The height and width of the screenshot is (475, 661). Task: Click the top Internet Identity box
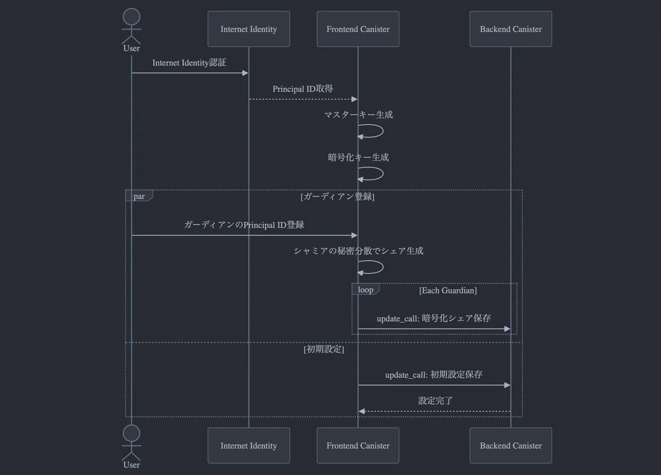(x=248, y=29)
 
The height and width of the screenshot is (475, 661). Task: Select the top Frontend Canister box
(x=357, y=29)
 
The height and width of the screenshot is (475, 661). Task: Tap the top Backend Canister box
(x=511, y=29)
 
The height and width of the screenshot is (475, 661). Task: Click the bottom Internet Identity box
(x=248, y=446)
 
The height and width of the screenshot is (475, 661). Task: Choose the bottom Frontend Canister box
(x=357, y=446)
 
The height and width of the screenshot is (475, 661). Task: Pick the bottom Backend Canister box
(x=511, y=446)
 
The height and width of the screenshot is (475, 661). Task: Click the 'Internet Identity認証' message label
(x=189, y=62)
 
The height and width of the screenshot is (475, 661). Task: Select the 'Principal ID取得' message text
(x=302, y=89)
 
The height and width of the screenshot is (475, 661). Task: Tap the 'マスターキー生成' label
(x=358, y=115)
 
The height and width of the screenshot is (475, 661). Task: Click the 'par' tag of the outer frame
(x=139, y=196)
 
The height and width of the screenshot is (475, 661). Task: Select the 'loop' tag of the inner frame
(x=365, y=289)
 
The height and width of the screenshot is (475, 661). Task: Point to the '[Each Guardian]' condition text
(x=448, y=290)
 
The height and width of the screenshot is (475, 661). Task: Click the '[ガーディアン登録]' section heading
(x=338, y=197)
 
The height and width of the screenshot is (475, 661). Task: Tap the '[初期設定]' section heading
(x=324, y=349)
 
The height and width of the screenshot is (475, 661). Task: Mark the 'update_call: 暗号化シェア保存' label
(x=434, y=318)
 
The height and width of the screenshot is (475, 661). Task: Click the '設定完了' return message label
(x=435, y=401)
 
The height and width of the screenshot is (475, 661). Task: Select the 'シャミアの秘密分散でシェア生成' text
(x=358, y=251)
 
